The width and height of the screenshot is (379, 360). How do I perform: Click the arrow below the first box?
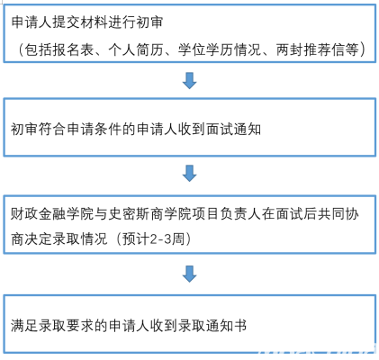tap(189, 80)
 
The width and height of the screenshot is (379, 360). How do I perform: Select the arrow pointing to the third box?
tap(189, 173)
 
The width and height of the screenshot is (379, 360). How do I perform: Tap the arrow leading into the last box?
tap(189, 274)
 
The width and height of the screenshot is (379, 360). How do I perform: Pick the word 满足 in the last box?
tap(24, 326)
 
